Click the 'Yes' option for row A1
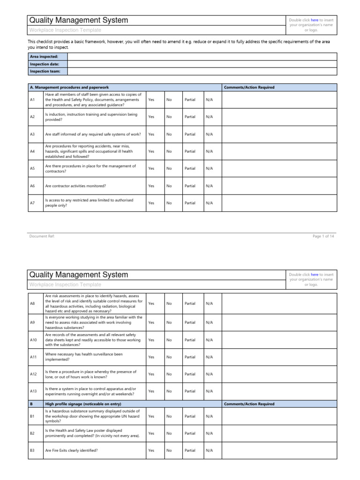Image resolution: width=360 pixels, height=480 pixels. [151, 99]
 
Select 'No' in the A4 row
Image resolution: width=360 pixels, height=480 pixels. [169, 151]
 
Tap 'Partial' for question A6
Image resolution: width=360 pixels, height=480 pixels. [190, 186]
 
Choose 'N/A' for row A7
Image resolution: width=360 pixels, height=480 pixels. [209, 203]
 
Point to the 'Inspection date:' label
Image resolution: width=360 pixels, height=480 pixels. [44, 64]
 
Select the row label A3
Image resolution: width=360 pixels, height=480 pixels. [32, 134]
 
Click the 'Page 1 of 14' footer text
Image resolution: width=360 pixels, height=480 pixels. [323, 236]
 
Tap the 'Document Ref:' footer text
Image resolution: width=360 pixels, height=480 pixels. [42, 236]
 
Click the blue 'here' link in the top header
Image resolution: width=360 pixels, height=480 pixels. [315, 20]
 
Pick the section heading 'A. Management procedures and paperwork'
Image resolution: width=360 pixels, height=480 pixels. [69, 88]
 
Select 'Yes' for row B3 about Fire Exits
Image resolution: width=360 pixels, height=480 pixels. [151, 450]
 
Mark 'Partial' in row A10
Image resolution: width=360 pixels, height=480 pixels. [190, 339]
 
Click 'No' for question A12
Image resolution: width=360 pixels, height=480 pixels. [169, 374]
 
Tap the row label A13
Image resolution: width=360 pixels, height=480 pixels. [33, 391]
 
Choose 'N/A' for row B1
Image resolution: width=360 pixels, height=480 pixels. [209, 416]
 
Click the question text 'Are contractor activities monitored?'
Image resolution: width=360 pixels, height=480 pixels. [75, 186]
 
